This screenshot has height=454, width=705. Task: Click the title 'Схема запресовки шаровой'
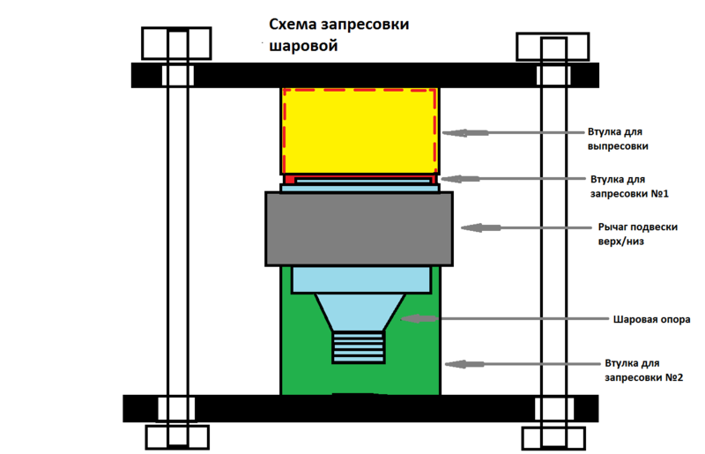click(x=338, y=36)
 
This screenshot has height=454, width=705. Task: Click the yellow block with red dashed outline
click(x=359, y=130)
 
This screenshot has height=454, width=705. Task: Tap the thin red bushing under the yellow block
click(x=359, y=179)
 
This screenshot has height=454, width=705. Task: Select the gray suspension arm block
click(x=359, y=228)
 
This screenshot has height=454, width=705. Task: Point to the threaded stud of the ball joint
click(x=359, y=346)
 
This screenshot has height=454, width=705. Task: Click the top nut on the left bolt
click(x=176, y=44)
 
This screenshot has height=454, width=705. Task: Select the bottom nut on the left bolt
click(x=178, y=436)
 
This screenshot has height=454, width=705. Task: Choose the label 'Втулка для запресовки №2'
click(x=644, y=369)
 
